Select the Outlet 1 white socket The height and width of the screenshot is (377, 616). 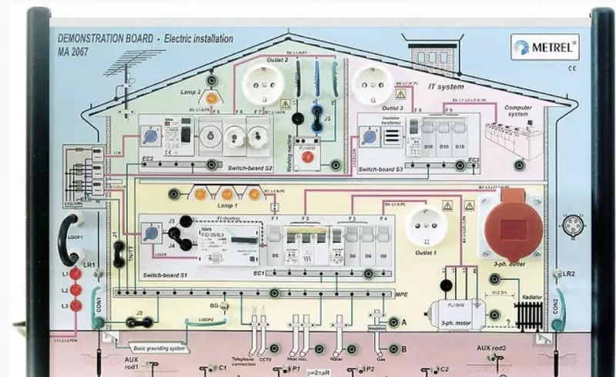425,225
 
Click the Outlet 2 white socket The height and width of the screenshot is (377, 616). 264,82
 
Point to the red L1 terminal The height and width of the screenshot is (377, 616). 75,274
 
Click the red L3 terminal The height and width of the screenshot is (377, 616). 75,305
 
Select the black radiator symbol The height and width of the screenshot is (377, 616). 530,312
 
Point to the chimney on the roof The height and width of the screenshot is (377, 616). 431,56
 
